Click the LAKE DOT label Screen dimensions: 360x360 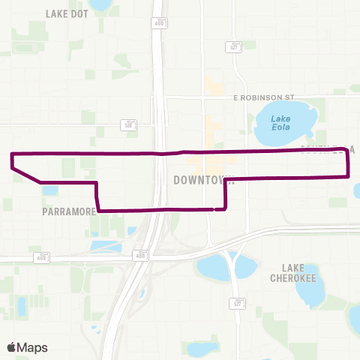[67, 13]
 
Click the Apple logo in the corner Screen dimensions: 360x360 [12, 347]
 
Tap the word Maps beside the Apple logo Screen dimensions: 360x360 [34, 347]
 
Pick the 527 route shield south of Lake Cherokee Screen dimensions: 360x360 [237, 303]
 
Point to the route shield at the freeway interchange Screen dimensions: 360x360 [139, 255]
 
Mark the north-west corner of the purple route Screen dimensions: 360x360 [12, 154]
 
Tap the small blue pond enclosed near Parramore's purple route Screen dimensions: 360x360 [49, 190]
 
